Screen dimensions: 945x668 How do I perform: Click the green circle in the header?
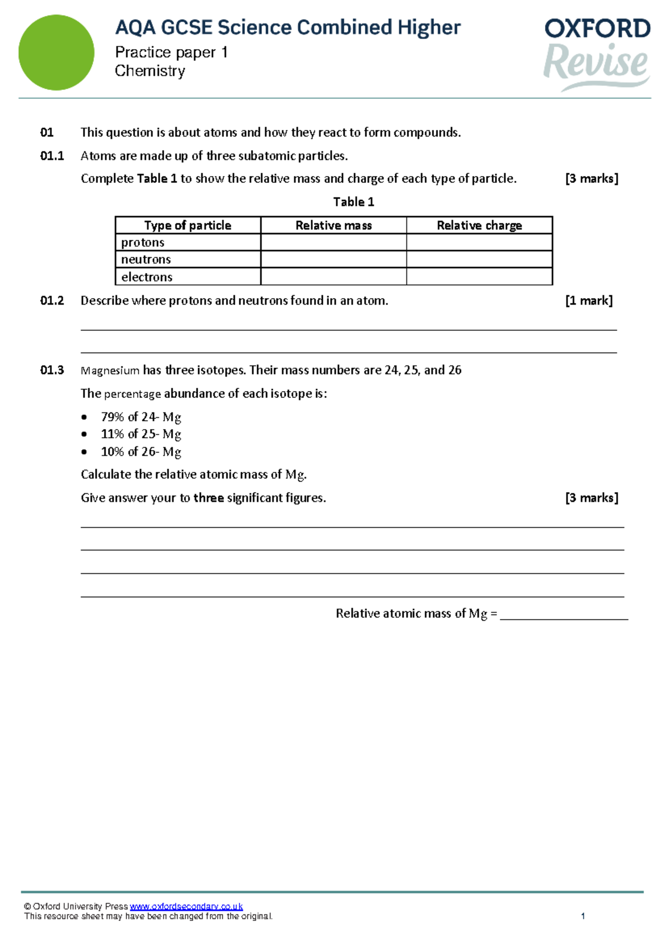coord(56,52)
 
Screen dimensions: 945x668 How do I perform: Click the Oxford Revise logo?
coord(597,52)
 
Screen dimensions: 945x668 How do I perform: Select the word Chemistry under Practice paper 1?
coord(150,71)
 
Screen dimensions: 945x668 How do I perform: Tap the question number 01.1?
coord(52,156)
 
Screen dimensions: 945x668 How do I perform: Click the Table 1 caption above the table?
coord(353,202)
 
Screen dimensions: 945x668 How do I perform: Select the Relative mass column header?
coord(333,225)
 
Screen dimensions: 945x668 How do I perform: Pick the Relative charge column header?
coord(479,225)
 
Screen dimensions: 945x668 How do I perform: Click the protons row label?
coord(143,242)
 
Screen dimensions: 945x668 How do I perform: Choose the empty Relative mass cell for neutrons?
coord(333,260)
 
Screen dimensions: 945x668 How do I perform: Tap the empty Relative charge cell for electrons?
coord(479,277)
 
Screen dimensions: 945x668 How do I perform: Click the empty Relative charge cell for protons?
coord(479,242)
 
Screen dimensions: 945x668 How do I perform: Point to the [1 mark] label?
coord(588,301)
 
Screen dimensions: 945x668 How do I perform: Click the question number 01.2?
coord(52,301)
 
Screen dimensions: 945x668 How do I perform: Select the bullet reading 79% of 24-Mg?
coord(141,417)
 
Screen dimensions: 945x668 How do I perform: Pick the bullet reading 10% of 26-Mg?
coord(141,451)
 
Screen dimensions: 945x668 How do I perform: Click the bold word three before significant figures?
coord(208,498)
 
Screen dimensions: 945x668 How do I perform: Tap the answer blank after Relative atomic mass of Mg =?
coord(563,614)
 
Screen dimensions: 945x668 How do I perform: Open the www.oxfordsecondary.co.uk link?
coord(186,907)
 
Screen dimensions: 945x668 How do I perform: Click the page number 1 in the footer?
coord(583,916)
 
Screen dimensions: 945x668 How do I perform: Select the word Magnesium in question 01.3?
coord(110,371)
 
